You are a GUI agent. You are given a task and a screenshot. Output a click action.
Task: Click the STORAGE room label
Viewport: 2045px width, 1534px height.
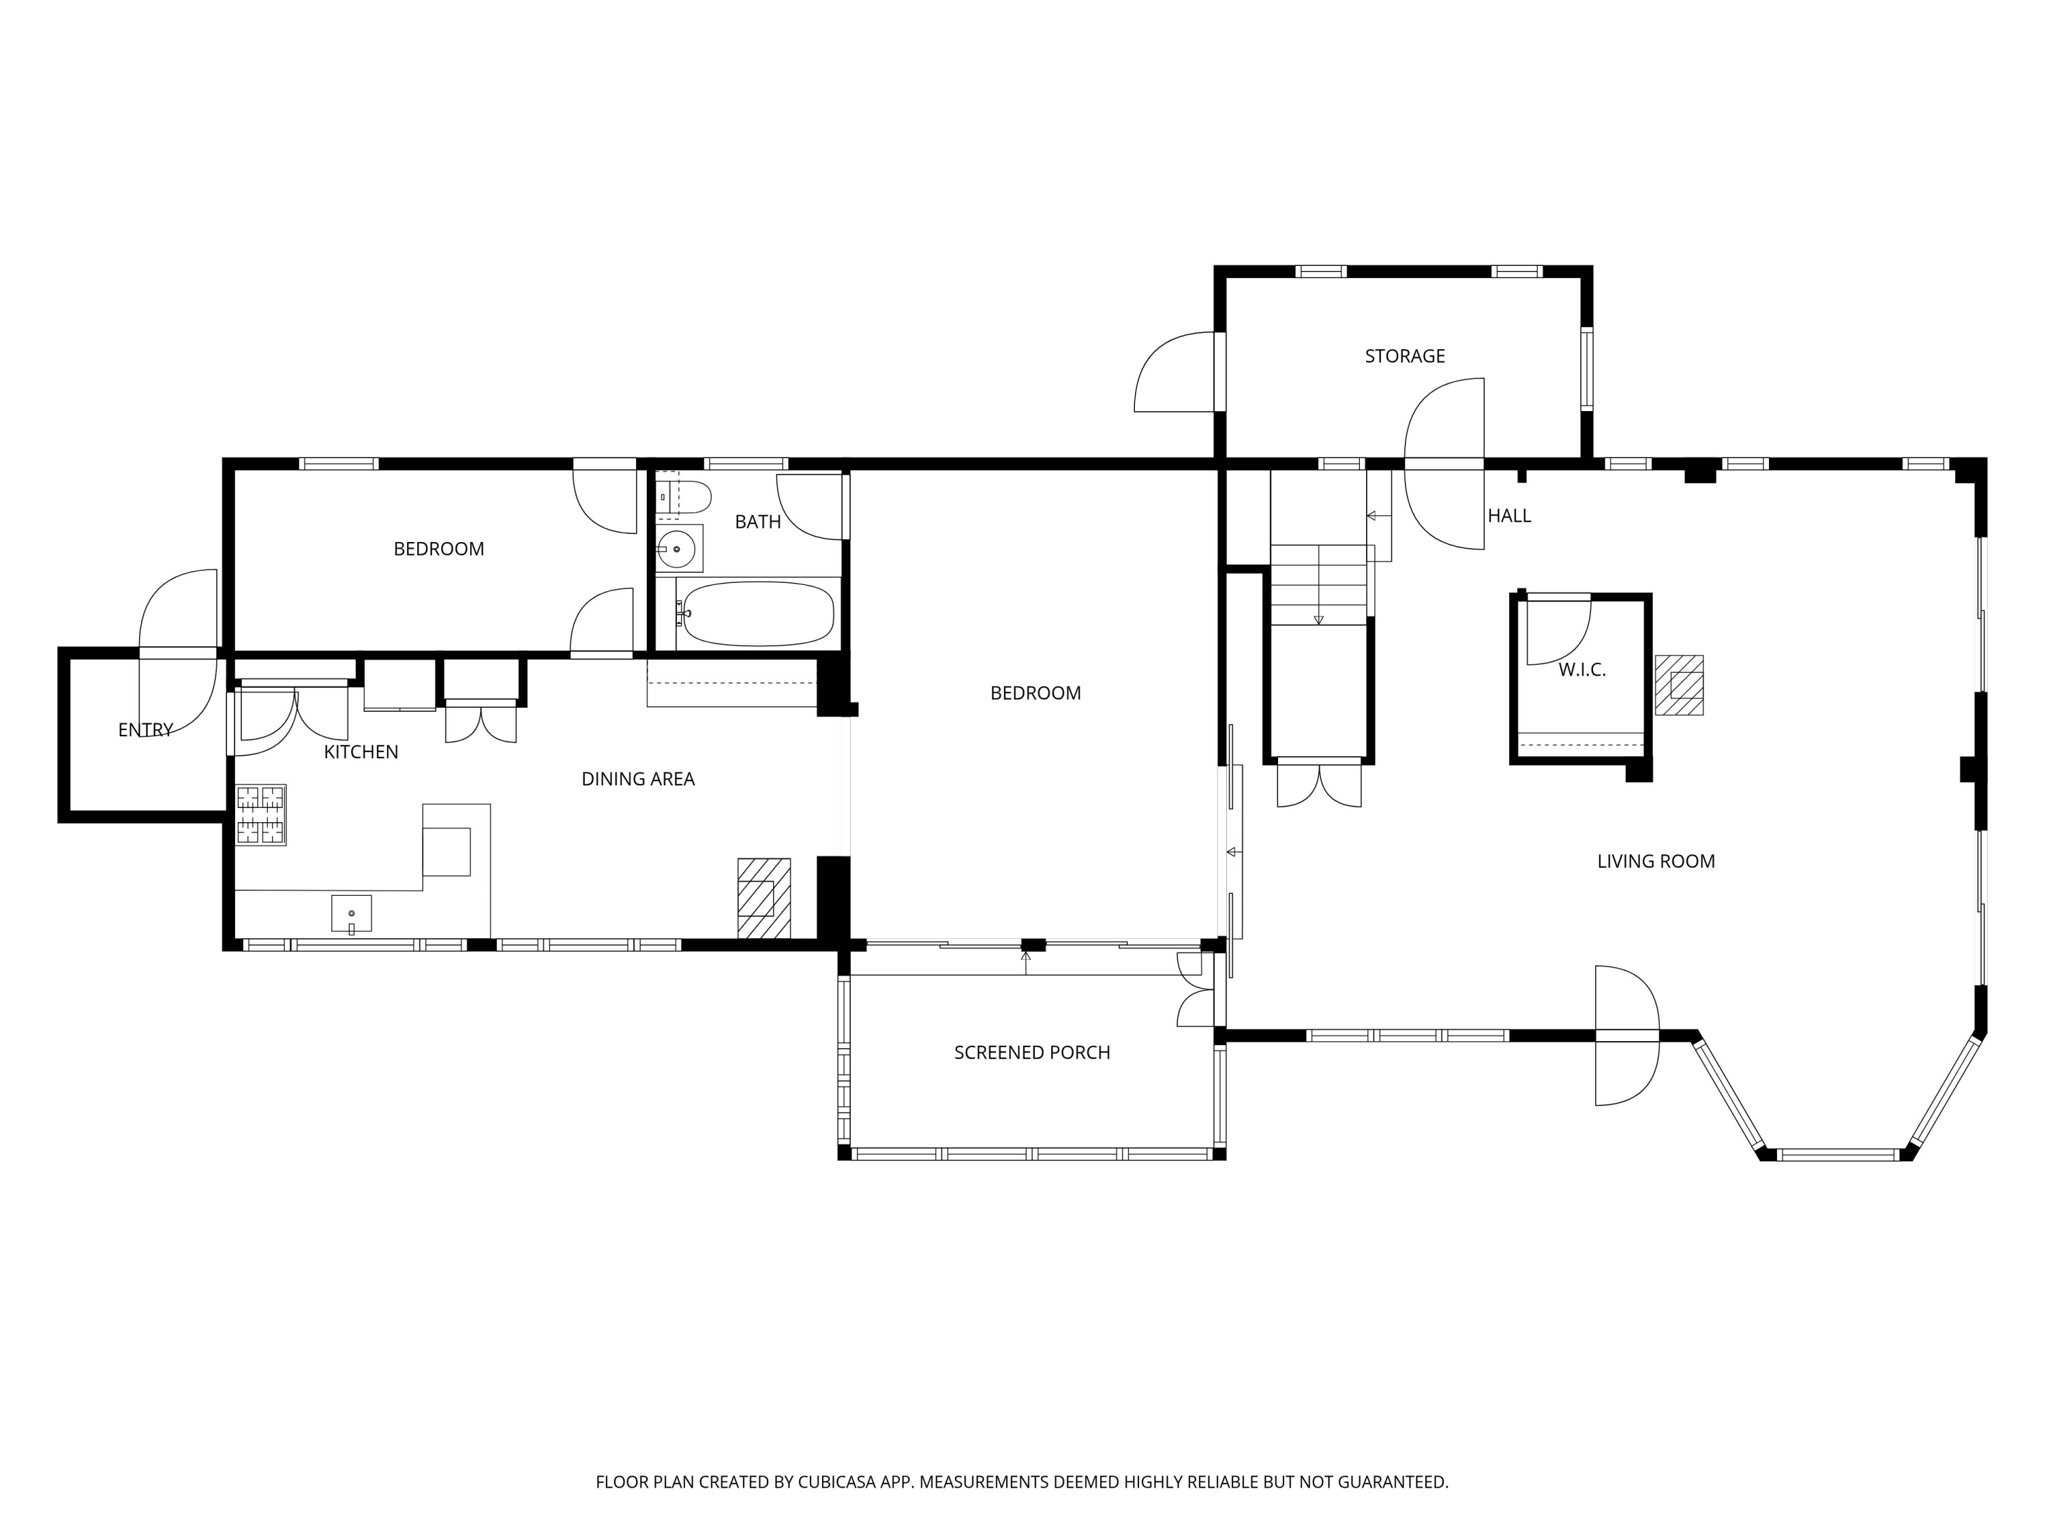pos(1404,356)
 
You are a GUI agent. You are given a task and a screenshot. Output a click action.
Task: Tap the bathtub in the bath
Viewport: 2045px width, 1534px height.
pos(758,613)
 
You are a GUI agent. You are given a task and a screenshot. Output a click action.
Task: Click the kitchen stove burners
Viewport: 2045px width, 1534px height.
pos(260,815)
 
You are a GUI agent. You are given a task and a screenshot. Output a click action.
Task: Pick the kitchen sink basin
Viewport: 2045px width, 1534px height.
pos(351,914)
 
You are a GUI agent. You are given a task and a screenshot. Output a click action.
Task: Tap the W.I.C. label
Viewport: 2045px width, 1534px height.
pos(1582,670)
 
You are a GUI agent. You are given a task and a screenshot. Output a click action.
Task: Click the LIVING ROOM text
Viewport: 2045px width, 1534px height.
pos(1656,862)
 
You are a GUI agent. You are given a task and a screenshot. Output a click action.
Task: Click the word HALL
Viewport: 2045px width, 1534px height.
pos(1509,517)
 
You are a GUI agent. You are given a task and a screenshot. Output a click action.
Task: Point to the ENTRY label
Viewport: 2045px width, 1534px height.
pos(145,730)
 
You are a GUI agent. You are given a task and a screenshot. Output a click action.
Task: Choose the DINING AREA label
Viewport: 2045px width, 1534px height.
pos(638,779)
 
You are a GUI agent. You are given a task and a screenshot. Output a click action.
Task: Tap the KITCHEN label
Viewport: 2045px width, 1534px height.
pos(361,753)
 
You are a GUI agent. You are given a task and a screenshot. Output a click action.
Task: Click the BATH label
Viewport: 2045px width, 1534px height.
pos(758,522)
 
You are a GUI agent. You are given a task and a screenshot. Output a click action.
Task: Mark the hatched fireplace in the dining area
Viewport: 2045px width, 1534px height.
pos(763,898)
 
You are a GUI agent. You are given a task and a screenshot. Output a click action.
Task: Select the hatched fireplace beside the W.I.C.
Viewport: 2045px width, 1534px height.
pos(1679,685)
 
